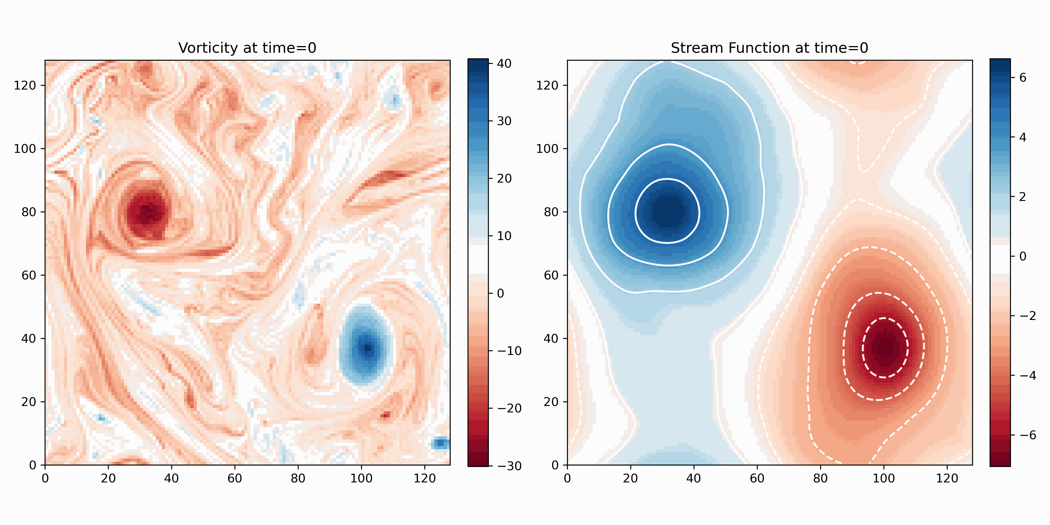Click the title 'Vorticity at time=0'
(x=247, y=48)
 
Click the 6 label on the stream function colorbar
(x=1023, y=78)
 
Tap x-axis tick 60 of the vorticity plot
(x=235, y=478)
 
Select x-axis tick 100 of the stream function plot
(x=884, y=478)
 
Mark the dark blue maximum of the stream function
(x=668, y=210)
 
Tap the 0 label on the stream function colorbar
(x=1023, y=256)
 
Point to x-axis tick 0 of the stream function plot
(x=567, y=478)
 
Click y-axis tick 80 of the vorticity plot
(x=29, y=212)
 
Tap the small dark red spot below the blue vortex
(x=385, y=415)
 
